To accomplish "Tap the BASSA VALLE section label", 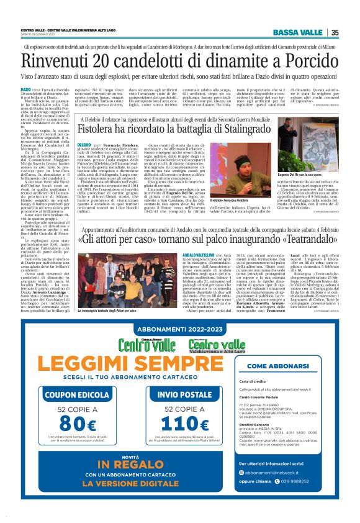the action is tap(300, 32).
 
